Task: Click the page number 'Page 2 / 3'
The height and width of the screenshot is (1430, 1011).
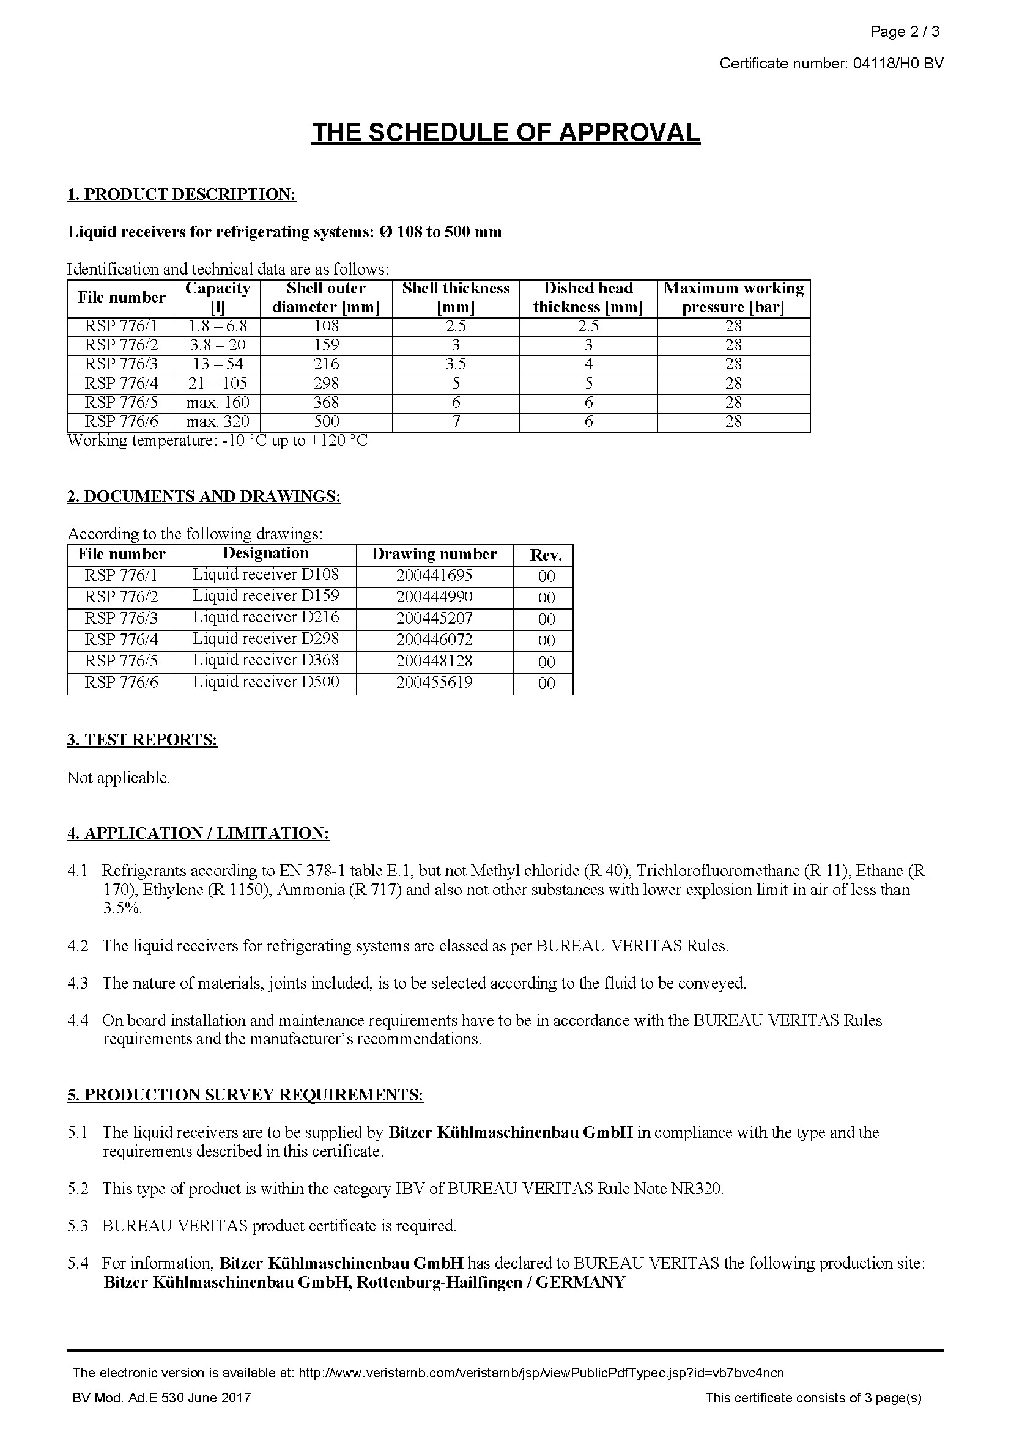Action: pyautogui.click(x=905, y=32)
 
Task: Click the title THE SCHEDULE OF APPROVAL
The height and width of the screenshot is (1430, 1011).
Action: pyautogui.click(x=505, y=133)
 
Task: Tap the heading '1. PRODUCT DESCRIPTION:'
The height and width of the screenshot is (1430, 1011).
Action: pyautogui.click(x=181, y=194)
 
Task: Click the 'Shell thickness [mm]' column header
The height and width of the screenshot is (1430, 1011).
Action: pyautogui.click(x=456, y=298)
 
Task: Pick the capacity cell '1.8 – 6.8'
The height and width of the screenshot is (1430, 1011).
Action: pyautogui.click(x=217, y=326)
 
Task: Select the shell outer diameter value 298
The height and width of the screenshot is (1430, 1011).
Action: pyautogui.click(x=326, y=384)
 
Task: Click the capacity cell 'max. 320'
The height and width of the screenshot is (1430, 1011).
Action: pyautogui.click(x=217, y=422)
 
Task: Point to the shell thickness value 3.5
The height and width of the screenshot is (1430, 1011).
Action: pyautogui.click(x=456, y=364)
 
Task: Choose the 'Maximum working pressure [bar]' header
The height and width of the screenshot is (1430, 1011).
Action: pyautogui.click(x=733, y=298)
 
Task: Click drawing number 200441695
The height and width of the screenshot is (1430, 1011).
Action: pyautogui.click(x=434, y=575)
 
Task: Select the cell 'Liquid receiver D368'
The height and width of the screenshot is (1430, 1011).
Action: pyautogui.click(x=266, y=660)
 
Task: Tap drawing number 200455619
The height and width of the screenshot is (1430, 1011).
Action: pyautogui.click(x=434, y=683)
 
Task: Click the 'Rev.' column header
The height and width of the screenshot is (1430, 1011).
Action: pyautogui.click(x=546, y=555)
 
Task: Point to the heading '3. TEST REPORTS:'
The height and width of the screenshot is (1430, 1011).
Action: pyautogui.click(x=143, y=740)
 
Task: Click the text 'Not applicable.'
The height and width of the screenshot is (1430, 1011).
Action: pyautogui.click(x=119, y=778)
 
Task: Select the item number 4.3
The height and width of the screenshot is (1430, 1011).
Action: pyautogui.click(x=78, y=984)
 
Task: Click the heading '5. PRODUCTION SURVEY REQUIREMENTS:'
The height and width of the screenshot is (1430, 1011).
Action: pyautogui.click(x=245, y=1095)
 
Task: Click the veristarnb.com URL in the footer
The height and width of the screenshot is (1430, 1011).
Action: pyautogui.click(x=541, y=1373)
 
